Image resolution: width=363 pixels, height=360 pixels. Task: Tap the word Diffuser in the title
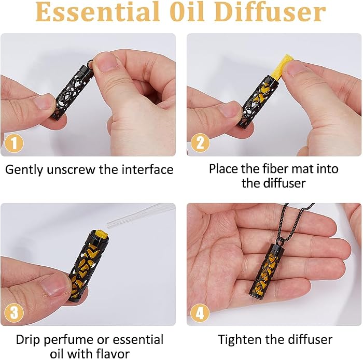click(271, 11)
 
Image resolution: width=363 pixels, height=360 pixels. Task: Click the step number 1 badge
click(14, 143)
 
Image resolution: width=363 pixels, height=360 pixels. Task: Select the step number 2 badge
click(200, 143)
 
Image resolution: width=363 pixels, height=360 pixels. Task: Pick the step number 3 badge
click(14, 313)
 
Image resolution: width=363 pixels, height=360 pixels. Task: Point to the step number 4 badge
click(200, 313)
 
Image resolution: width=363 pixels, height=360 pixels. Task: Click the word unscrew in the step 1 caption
click(71, 170)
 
